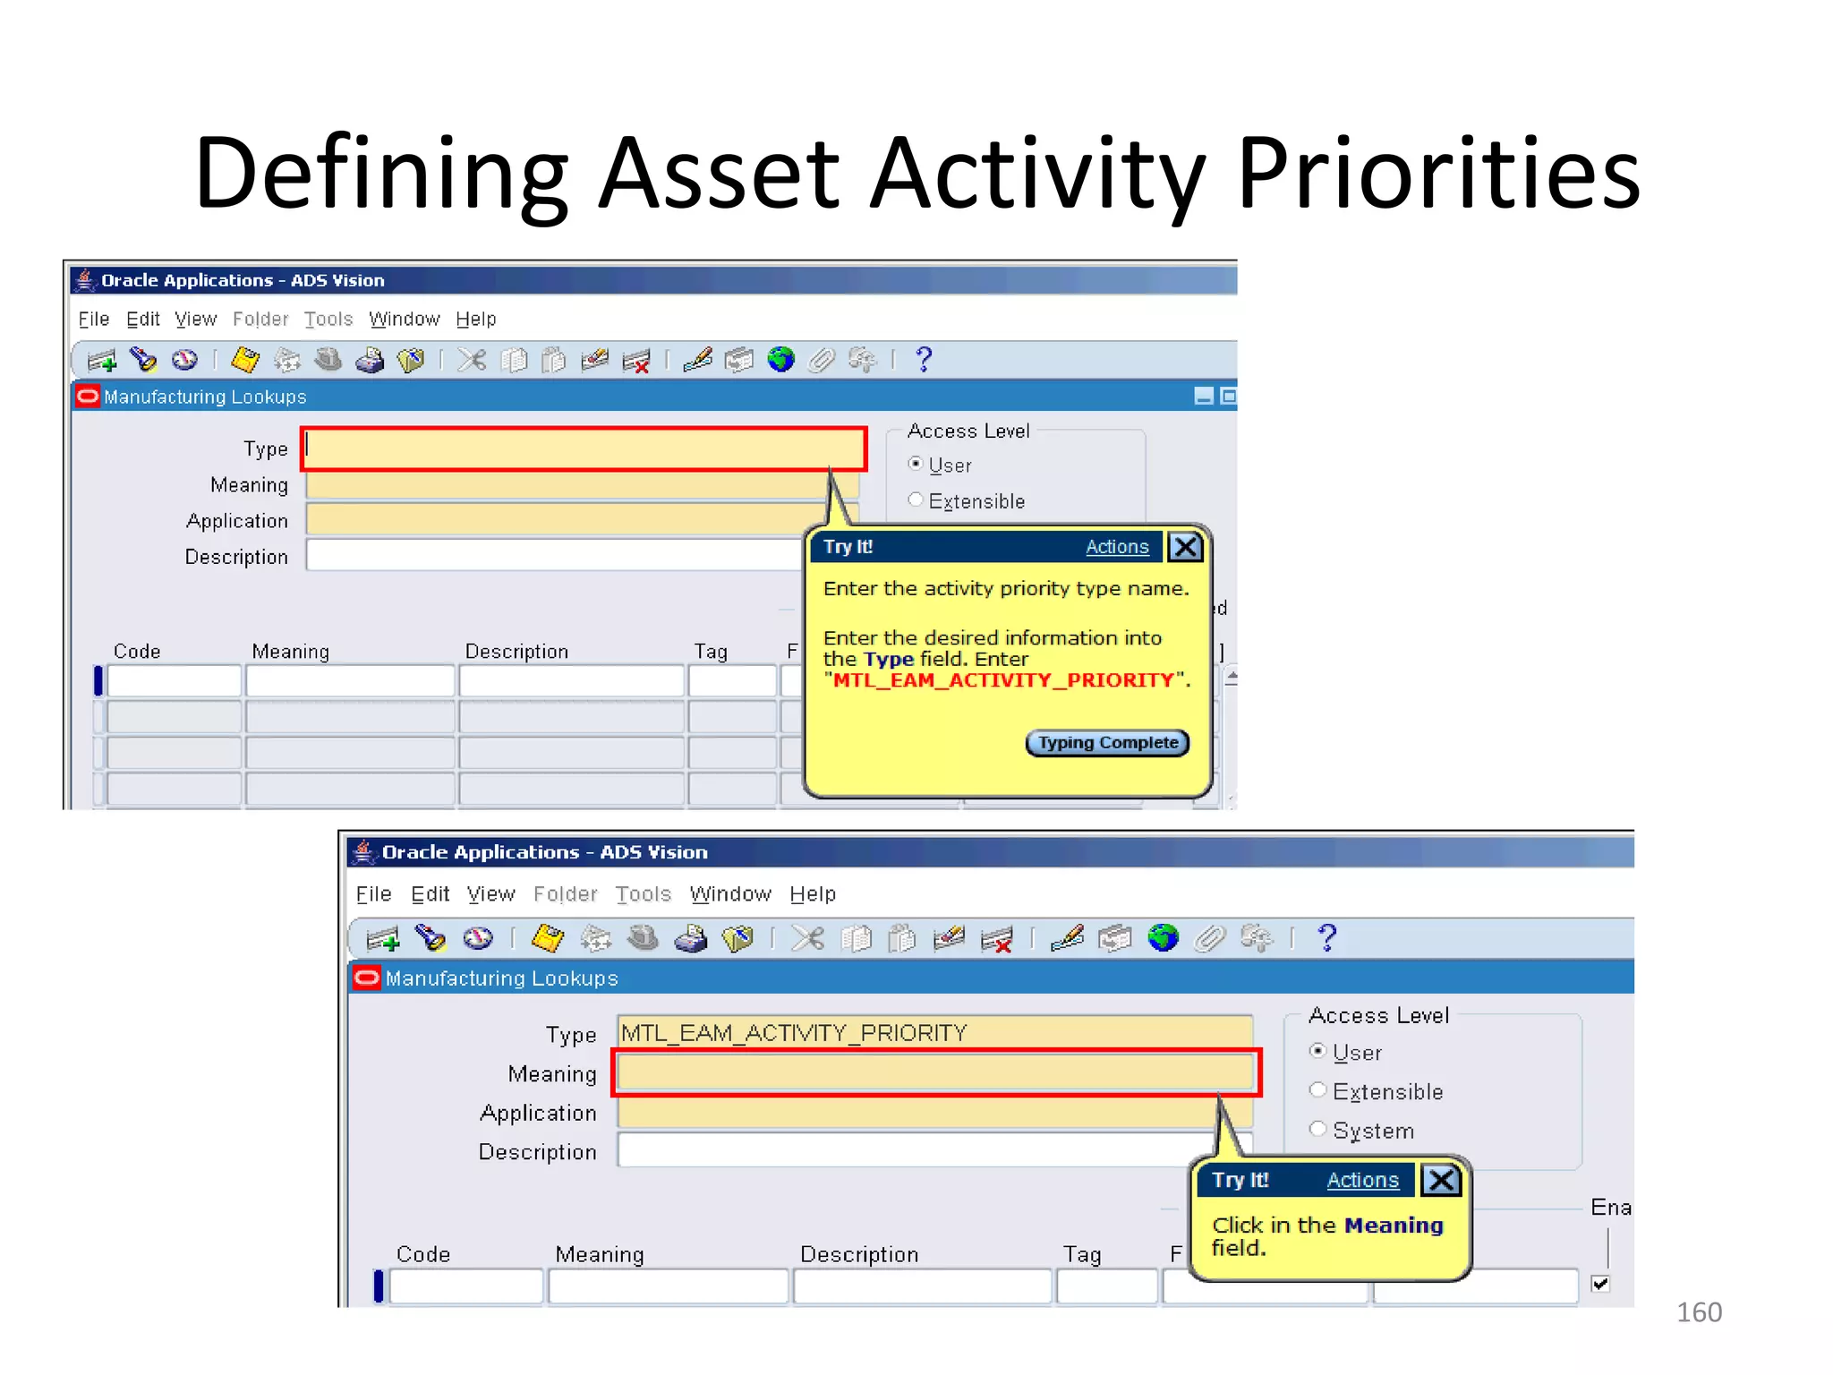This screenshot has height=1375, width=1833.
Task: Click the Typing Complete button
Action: tap(1107, 743)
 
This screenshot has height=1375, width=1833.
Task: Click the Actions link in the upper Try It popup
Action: tap(1116, 547)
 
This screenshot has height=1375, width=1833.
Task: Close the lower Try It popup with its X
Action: tap(1441, 1180)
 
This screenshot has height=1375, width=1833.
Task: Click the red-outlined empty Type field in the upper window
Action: tap(584, 449)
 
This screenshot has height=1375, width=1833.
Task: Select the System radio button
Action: tap(1317, 1129)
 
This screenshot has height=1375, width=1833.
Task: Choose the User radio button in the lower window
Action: tap(1317, 1051)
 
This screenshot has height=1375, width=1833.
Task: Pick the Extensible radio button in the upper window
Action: tap(915, 500)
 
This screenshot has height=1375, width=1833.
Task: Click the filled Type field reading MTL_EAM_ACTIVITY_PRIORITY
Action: tap(934, 1033)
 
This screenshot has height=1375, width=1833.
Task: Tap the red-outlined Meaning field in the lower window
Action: tap(935, 1072)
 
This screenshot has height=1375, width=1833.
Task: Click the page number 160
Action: tap(1698, 1312)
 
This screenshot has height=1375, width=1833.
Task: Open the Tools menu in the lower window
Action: tap(643, 894)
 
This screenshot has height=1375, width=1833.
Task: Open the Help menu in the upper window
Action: tap(475, 320)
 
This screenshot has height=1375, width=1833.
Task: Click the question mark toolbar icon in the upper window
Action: tap(924, 360)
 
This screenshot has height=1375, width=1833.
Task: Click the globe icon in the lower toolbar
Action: tap(1163, 938)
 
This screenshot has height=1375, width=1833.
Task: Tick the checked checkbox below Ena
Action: tap(1600, 1284)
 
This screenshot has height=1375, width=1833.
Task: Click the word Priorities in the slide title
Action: tap(1438, 173)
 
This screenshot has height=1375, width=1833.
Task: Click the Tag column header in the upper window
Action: tap(711, 652)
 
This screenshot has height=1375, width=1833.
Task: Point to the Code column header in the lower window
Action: tap(422, 1254)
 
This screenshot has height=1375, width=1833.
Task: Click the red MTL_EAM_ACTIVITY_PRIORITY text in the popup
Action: tap(1002, 680)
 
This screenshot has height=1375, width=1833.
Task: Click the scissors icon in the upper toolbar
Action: tap(472, 360)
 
